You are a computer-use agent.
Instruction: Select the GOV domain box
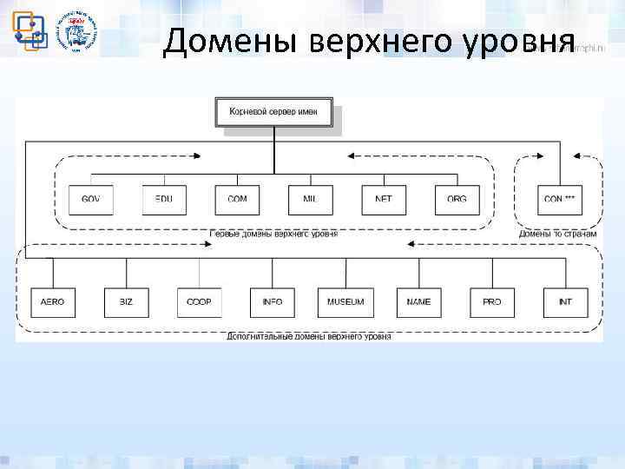click(90, 200)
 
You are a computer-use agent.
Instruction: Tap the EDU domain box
click(164, 200)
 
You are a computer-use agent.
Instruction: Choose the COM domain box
click(237, 200)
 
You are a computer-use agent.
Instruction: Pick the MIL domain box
click(311, 200)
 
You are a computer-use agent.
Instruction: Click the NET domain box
click(384, 200)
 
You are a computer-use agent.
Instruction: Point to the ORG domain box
click(457, 200)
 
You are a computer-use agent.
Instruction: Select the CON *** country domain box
click(559, 200)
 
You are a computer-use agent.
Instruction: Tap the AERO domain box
click(53, 302)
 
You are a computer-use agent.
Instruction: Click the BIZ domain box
click(126, 302)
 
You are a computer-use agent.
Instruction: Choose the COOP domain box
click(199, 302)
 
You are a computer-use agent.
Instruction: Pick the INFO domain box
click(272, 302)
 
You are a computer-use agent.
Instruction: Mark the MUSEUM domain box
click(345, 302)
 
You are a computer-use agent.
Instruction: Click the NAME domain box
click(418, 302)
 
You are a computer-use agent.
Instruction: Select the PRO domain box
click(492, 302)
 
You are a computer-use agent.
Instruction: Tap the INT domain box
click(565, 302)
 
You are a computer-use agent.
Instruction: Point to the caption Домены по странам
click(557, 234)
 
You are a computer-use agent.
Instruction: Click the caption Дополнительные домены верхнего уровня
click(308, 336)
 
